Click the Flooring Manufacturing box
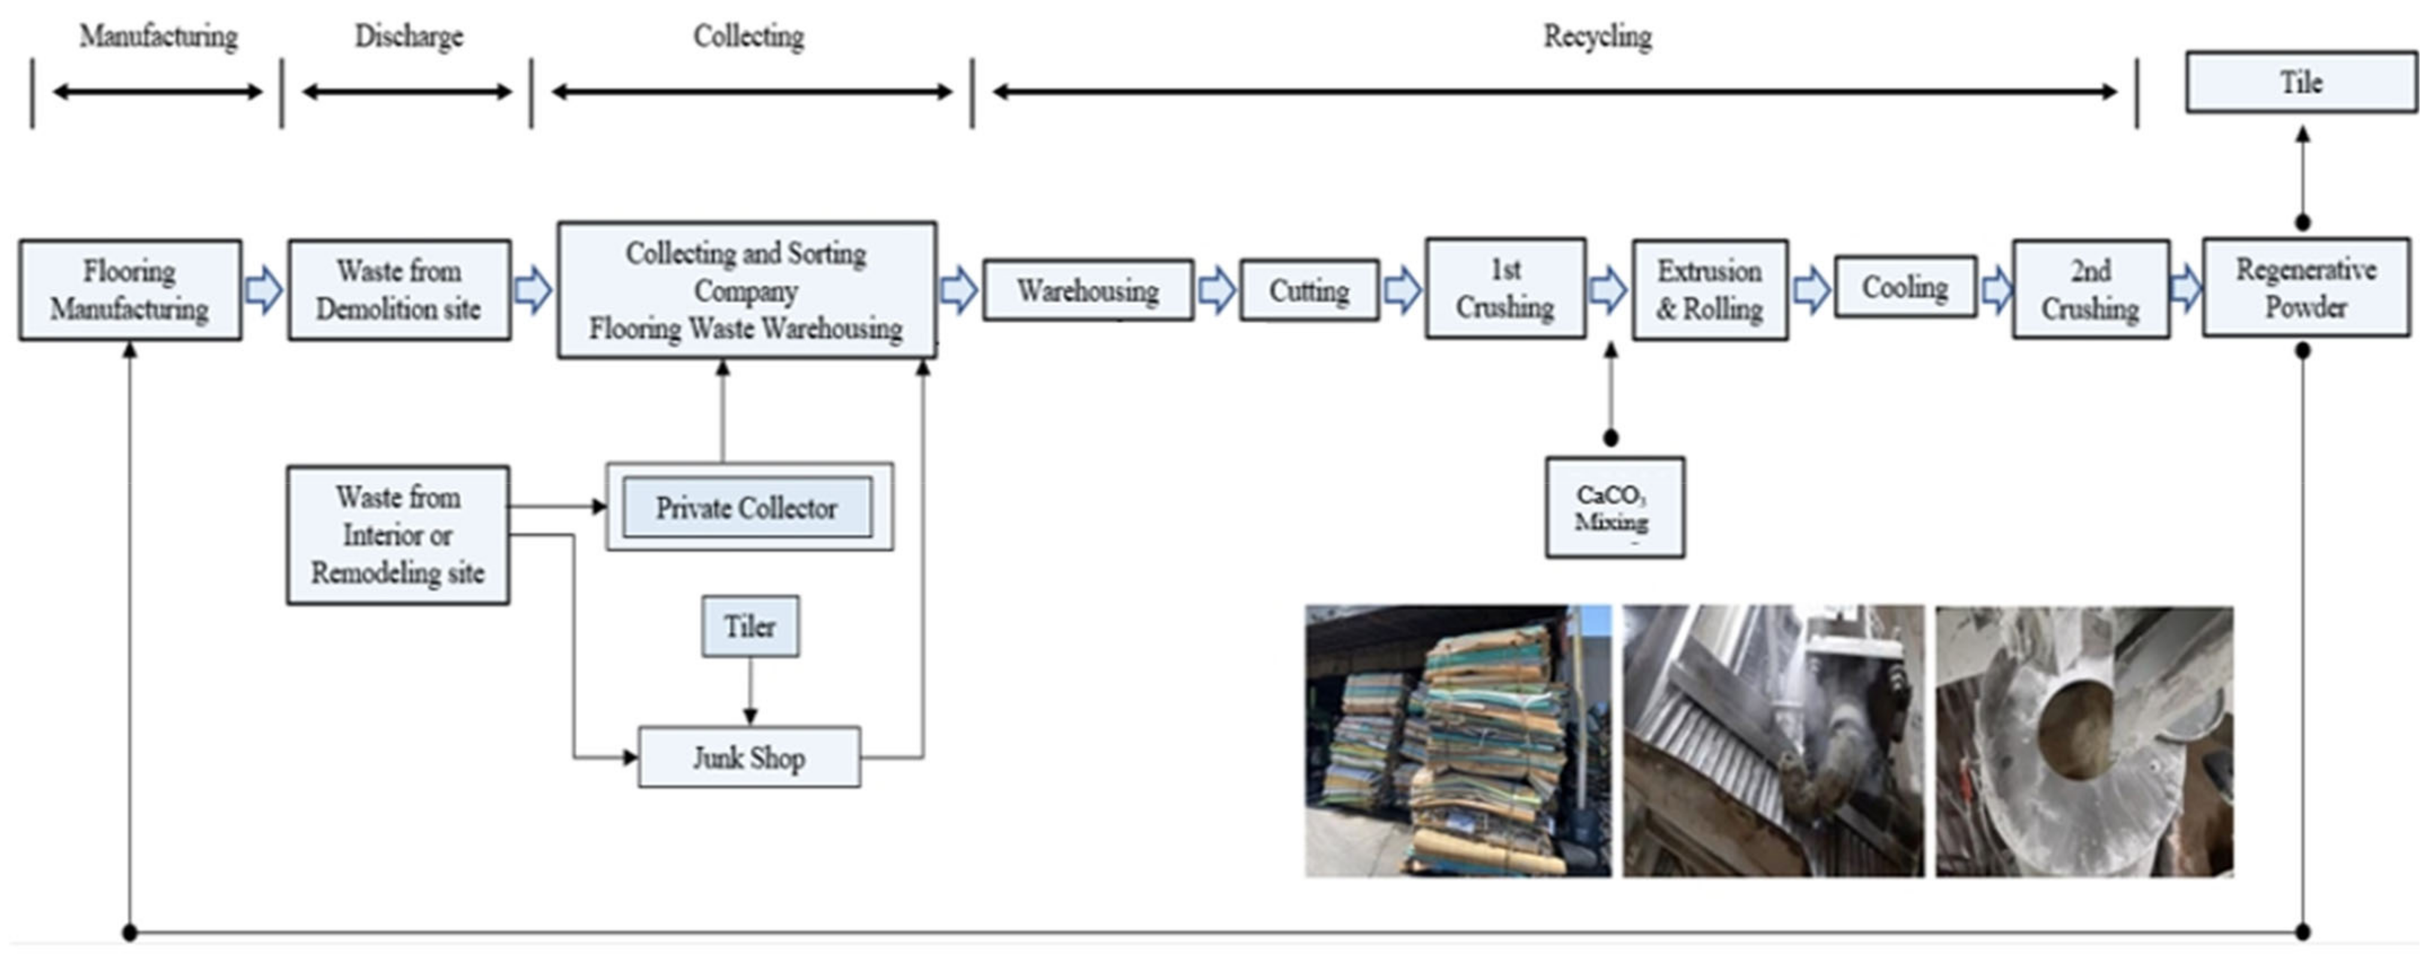130,289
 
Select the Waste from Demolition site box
399,289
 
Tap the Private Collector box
747,507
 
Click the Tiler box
750,626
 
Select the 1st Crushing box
1505,288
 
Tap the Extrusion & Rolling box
1709,289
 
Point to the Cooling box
1905,286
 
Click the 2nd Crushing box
2090,289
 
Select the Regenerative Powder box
2305,287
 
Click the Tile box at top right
2300,82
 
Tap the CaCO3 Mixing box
1613,507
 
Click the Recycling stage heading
1598,36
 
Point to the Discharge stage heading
408,36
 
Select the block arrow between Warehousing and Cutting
1216,290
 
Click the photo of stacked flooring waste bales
1457,741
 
